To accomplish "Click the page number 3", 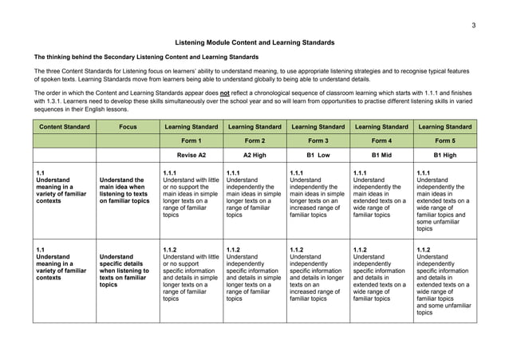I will click(473, 26).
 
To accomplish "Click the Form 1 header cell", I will click(190, 140).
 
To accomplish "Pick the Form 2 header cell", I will click(253, 140).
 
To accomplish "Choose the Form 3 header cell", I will click(318, 140).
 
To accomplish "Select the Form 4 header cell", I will click(381, 140).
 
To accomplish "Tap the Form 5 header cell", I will click(444, 140).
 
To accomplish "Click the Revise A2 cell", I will click(190, 155).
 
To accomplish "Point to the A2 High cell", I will click(253, 155).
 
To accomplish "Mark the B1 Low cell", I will click(318, 155).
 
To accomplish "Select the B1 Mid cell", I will click(381, 155).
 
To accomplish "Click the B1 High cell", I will click(444, 155).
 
